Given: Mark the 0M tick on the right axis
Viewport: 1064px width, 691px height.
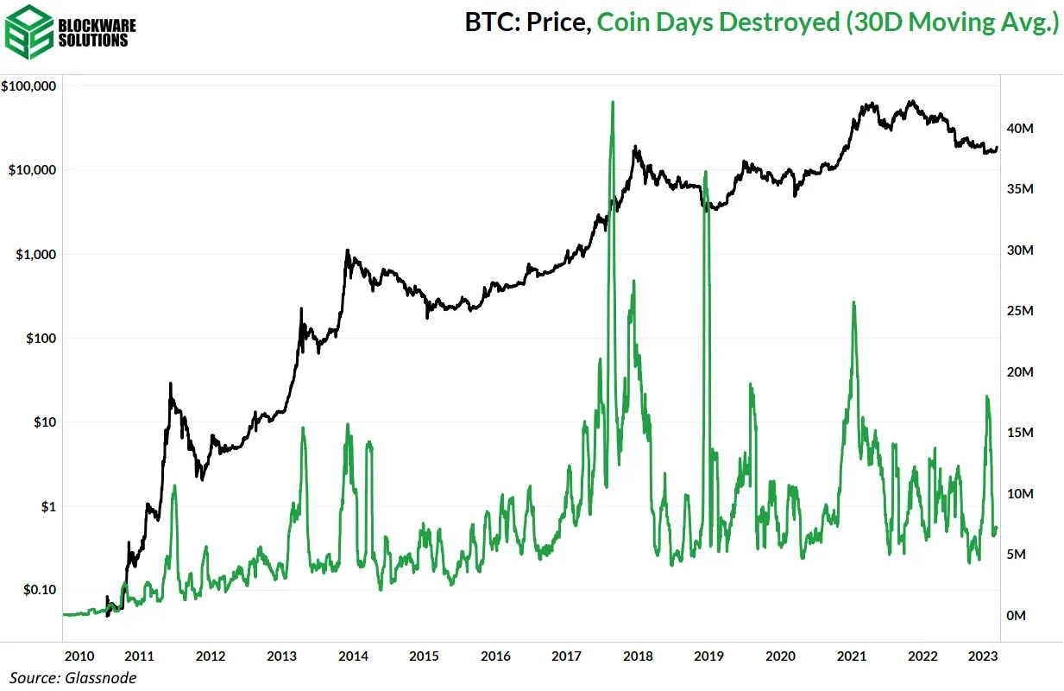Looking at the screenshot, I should [x=1019, y=616].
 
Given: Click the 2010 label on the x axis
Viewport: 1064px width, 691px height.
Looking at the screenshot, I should [x=79, y=656].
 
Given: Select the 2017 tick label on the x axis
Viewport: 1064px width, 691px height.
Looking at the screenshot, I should [x=566, y=656].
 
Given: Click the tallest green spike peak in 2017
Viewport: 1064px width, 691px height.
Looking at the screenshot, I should [x=612, y=102].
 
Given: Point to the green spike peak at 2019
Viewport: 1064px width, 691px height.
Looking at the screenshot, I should [x=705, y=171].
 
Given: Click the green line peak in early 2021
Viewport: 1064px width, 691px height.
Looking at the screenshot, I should [x=853, y=302].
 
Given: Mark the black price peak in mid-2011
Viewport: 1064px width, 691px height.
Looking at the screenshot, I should [x=171, y=384].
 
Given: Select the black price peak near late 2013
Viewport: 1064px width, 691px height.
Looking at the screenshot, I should [x=347, y=251].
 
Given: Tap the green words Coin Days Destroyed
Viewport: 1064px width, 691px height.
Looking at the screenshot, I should [x=715, y=23].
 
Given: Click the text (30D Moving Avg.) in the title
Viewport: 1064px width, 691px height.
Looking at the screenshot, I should [x=950, y=23].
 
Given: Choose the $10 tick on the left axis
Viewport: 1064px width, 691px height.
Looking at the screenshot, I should [x=45, y=422].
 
